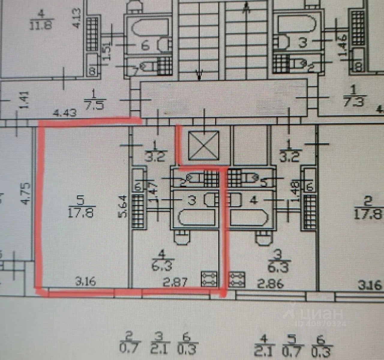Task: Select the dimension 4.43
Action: tap(64, 113)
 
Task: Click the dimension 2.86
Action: tap(270, 283)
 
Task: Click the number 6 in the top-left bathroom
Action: tap(145, 46)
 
